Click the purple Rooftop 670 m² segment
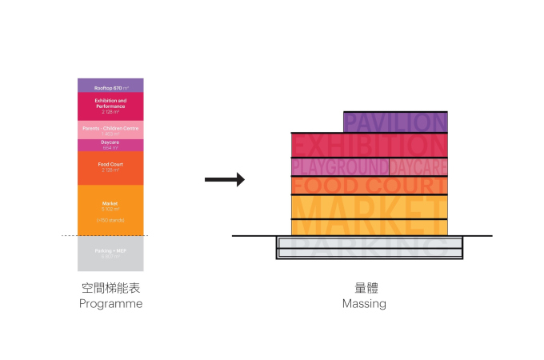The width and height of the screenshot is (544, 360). (x=110, y=86)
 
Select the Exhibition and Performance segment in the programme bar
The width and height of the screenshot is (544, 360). (x=110, y=106)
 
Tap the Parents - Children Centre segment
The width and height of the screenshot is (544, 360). (x=110, y=130)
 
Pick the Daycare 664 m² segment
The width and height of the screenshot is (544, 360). (x=110, y=145)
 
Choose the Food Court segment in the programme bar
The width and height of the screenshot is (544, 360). (x=110, y=167)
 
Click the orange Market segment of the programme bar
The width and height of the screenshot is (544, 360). (x=110, y=210)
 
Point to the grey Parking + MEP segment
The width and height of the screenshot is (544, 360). (x=110, y=254)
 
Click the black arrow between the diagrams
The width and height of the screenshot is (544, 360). (x=224, y=180)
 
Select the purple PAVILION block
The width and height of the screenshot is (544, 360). (x=395, y=122)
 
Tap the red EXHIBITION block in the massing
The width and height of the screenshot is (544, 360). (x=369, y=145)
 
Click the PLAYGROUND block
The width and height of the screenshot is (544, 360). (x=339, y=166)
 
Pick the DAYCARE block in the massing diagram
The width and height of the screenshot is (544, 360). (x=418, y=166)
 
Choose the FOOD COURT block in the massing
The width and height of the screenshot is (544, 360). (x=369, y=186)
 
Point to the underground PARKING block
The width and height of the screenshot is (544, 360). (x=369, y=247)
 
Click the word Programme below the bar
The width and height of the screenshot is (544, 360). (x=110, y=305)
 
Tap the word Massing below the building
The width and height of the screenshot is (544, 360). (x=364, y=305)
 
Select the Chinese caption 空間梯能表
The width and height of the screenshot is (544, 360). (x=110, y=289)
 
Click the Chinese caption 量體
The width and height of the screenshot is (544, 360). (x=364, y=289)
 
